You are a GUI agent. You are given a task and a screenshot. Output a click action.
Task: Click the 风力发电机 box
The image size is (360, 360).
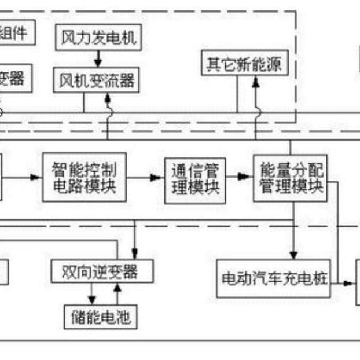coord(98,38)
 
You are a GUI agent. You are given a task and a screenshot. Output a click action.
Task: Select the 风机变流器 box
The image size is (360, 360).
coord(97,80)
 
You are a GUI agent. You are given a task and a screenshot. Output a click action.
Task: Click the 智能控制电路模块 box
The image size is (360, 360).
coord(85,178)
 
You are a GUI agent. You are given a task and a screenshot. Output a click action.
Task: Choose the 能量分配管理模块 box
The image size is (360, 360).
coord(289,178)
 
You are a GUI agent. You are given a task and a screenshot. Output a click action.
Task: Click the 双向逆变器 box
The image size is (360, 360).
coord(102,271)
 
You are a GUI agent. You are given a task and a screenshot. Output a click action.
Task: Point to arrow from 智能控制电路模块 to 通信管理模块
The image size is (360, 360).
coord(145,178)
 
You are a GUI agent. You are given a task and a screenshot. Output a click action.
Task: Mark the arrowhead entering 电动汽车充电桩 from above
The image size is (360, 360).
coord(294,255)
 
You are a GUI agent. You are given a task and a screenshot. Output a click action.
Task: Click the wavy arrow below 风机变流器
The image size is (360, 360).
coord(108,110)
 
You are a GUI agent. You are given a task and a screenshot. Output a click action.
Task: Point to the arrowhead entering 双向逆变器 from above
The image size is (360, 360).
coord(135,252)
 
